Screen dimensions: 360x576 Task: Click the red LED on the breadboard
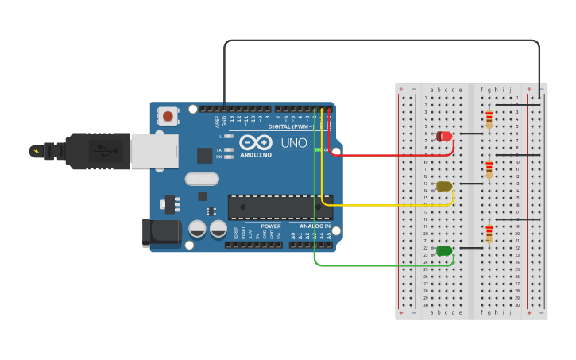444,137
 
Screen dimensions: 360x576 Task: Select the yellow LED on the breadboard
443,187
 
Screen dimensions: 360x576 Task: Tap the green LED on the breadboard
444,251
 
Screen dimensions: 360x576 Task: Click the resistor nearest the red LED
489,120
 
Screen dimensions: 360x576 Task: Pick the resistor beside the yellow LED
489,170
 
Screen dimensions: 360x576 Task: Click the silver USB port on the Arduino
154,151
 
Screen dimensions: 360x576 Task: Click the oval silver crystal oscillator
202,179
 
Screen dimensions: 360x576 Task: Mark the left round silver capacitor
197,230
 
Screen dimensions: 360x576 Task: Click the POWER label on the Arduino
270,226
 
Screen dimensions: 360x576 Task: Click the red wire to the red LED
389,155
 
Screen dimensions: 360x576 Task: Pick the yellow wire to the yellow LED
389,205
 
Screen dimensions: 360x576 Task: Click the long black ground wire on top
381,41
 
